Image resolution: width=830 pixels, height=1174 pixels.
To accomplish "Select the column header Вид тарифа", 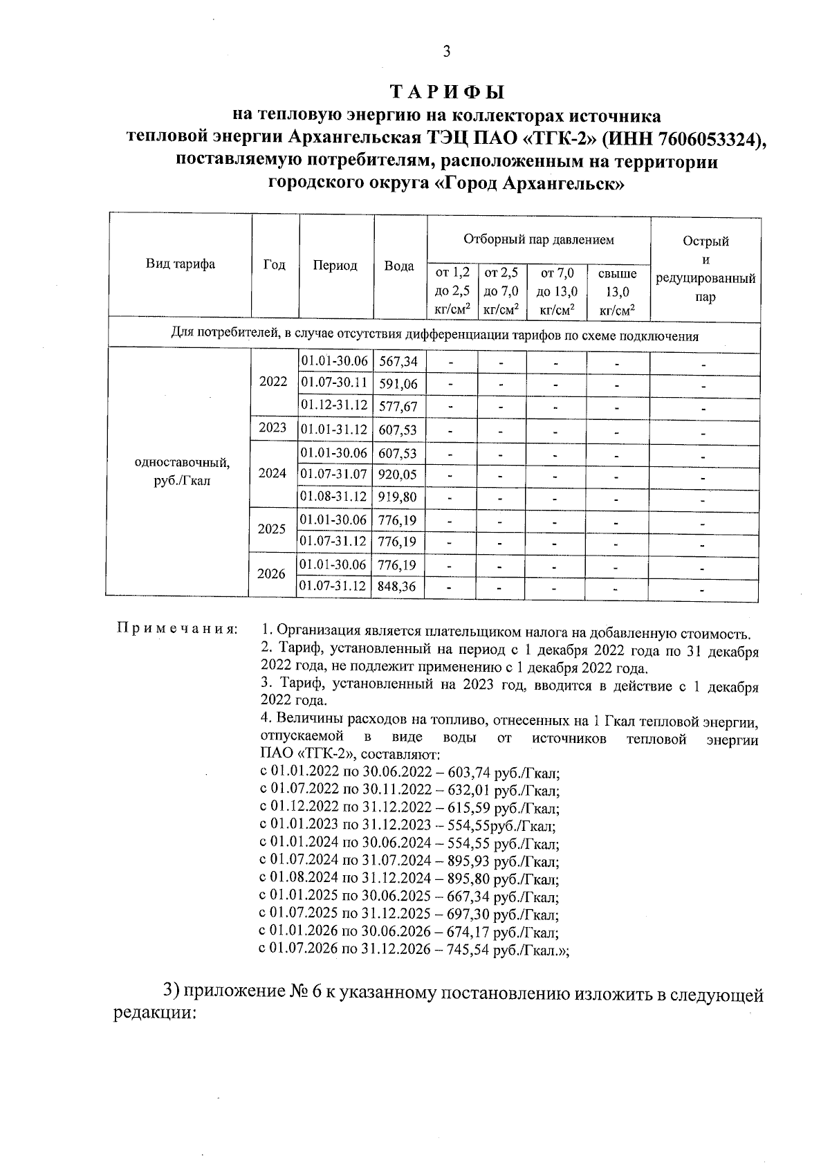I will click(x=180, y=264).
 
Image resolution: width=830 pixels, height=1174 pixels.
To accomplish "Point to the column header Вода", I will click(x=399, y=266).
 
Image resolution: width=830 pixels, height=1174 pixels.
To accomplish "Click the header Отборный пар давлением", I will click(x=538, y=240).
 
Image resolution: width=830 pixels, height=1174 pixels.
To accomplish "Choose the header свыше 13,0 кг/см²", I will click(x=617, y=292).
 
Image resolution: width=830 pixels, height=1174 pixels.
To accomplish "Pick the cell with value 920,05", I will click(x=398, y=475).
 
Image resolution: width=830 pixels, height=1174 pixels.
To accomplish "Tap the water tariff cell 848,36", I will click(x=398, y=587).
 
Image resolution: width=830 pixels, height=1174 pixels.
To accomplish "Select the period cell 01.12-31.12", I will click(x=334, y=405).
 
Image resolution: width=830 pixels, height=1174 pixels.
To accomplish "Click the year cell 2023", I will click(x=273, y=428).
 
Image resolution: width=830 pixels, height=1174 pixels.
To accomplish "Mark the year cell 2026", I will click(x=271, y=574).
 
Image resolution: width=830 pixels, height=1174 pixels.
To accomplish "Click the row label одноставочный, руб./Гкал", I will click(x=181, y=471).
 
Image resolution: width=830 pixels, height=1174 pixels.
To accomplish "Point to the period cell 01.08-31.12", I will click(x=334, y=497).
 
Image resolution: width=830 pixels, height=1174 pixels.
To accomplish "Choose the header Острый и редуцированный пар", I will click(x=705, y=269).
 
